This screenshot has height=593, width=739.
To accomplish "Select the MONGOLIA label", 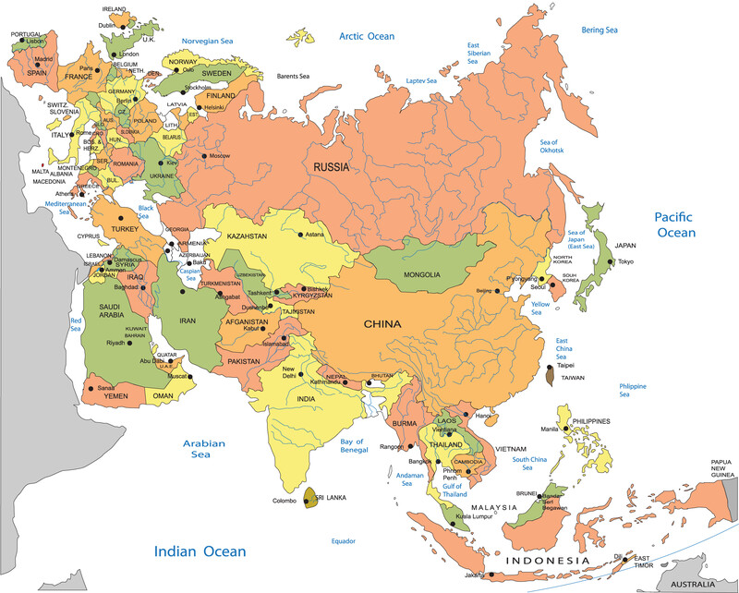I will click(x=421, y=274).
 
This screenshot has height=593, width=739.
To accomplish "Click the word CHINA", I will click(x=382, y=324).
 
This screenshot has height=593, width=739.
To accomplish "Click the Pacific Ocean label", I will click(x=674, y=224).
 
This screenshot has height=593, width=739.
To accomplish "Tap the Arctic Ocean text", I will click(x=366, y=37).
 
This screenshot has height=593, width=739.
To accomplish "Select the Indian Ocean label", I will click(x=200, y=551).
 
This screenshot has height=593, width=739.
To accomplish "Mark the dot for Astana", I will click(x=300, y=235).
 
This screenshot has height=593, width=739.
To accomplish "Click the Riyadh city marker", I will click(x=130, y=343).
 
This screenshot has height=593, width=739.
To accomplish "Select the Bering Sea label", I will click(x=599, y=30).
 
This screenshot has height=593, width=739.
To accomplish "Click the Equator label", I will click(x=344, y=540).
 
